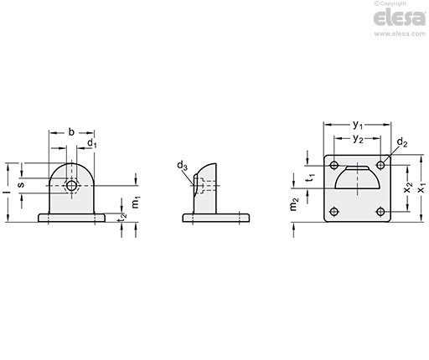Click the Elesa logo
pos(399,18)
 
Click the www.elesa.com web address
pos(400,33)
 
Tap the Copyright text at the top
pos(390,3)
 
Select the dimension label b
pos(71,132)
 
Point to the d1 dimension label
pos(92,143)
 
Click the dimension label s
pos(21,184)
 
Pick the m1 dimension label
pos(136,203)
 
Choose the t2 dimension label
pos(122,218)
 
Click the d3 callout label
pos(182,166)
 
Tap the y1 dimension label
pos(358,125)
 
